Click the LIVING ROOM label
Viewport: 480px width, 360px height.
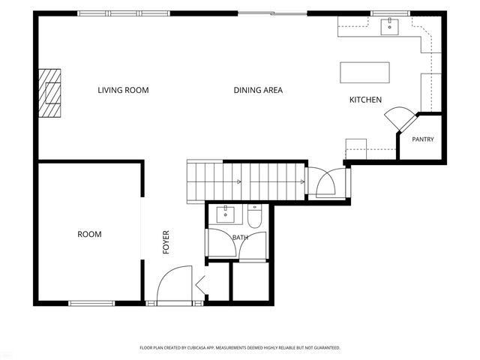tap(123, 90)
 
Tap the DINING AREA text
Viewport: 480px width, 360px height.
tap(258, 90)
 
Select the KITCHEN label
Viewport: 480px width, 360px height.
tap(365, 100)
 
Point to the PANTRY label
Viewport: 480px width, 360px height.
tap(423, 139)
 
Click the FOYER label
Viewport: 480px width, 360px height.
tap(166, 242)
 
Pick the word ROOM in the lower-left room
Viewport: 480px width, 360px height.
tap(89, 235)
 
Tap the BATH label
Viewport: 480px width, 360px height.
tap(240, 238)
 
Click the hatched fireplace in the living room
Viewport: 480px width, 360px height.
tap(49, 93)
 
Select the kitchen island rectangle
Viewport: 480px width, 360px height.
tap(364, 73)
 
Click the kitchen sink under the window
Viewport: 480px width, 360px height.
tap(389, 27)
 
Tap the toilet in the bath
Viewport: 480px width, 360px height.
tap(254, 217)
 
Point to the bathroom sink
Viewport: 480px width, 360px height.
tap(225, 214)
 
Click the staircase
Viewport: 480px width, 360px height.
tap(246, 181)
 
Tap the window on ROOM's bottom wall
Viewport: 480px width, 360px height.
tap(91, 303)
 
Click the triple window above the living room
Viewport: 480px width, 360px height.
tap(123, 13)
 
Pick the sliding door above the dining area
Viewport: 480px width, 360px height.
tap(272, 13)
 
